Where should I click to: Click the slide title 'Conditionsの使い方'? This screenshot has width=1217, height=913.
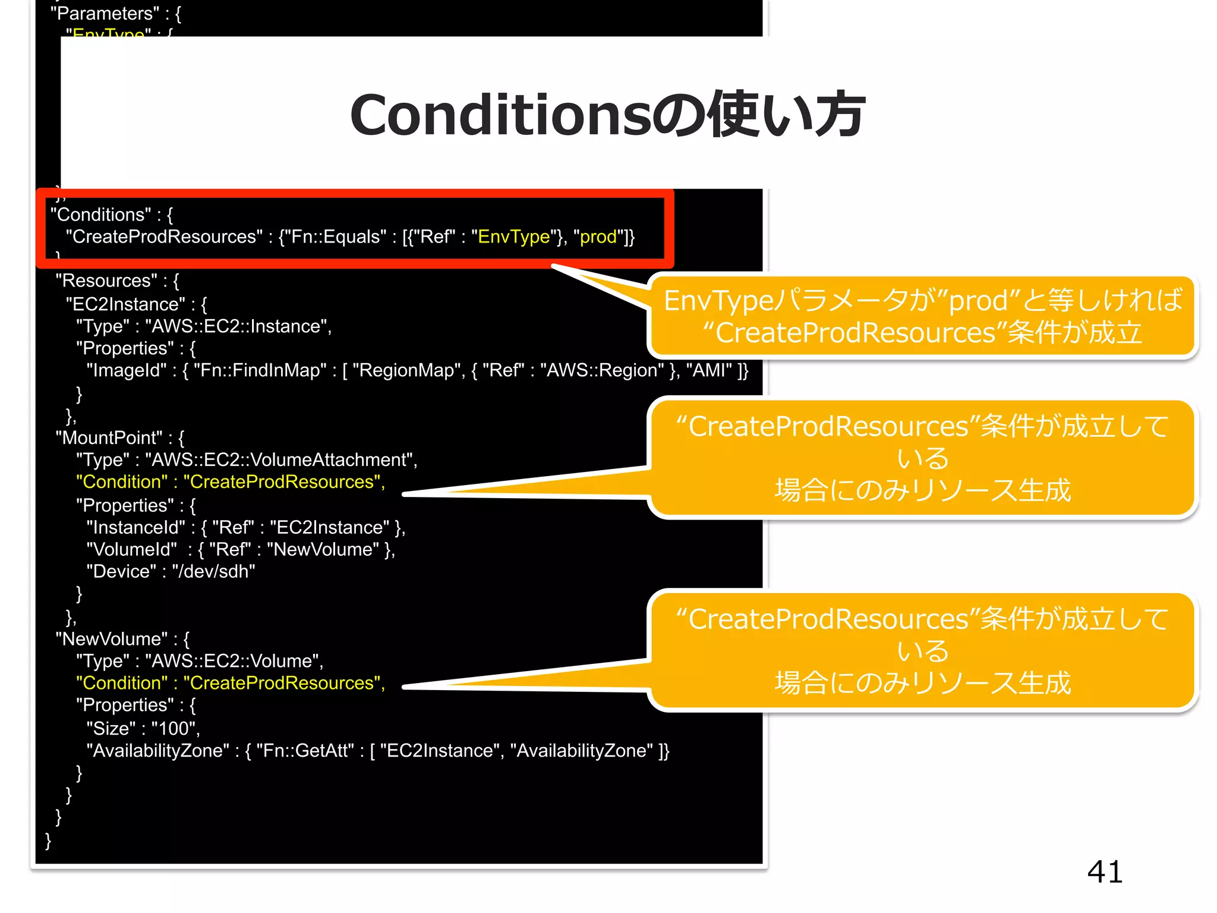[607, 114]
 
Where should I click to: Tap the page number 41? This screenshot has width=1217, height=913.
[1105, 872]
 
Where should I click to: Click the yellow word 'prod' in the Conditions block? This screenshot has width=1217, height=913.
[598, 237]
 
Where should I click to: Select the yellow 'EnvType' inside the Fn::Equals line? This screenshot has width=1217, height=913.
[514, 237]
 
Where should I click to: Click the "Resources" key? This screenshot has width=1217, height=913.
[106, 281]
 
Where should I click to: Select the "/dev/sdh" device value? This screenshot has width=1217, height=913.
[213, 571]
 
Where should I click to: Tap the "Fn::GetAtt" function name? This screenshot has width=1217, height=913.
[305, 751]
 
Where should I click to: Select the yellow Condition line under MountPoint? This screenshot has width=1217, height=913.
[231, 481]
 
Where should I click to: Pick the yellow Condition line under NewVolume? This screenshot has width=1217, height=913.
[231, 683]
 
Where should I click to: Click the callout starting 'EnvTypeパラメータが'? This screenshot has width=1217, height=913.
[922, 316]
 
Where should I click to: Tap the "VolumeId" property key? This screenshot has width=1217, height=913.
[131, 549]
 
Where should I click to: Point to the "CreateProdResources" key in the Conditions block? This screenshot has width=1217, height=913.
[164, 237]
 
